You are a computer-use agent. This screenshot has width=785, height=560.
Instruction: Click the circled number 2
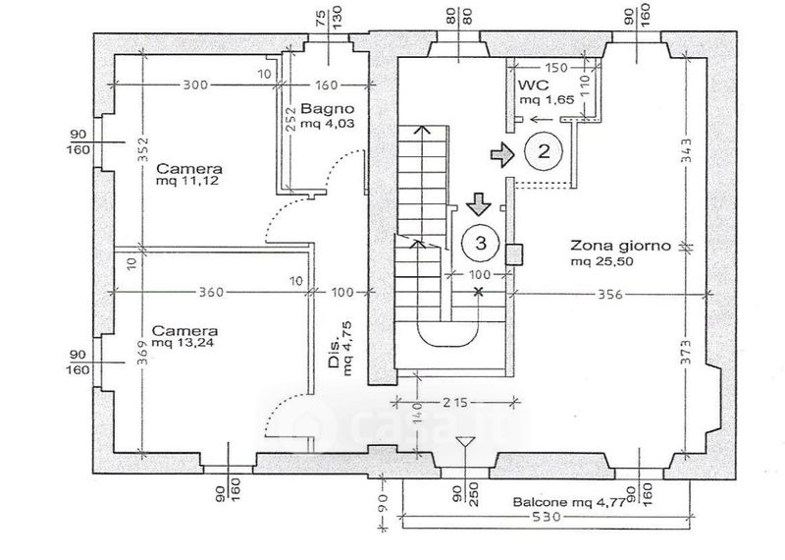click(x=544, y=151)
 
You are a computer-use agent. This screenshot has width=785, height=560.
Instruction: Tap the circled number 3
click(x=481, y=243)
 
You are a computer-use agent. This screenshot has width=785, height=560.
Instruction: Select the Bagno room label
click(x=328, y=109)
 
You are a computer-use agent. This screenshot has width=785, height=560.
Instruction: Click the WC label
click(x=534, y=84)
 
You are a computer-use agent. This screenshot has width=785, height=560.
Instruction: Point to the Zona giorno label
click(x=620, y=246)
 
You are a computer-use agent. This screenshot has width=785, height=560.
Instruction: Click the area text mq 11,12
click(x=187, y=181)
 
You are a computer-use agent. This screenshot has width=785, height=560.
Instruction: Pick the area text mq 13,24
click(x=184, y=343)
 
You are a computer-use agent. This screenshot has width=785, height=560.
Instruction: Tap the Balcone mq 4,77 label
click(x=569, y=502)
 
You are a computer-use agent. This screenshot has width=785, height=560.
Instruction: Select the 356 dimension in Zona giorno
click(x=610, y=294)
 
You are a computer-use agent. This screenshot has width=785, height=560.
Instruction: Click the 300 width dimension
click(x=194, y=84)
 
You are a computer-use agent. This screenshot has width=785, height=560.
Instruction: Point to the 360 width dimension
click(x=211, y=292)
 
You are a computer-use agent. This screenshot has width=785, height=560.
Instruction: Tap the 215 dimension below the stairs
click(x=455, y=402)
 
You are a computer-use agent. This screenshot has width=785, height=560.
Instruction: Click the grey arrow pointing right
click(x=502, y=154)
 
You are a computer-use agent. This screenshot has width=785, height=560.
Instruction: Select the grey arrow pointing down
click(x=479, y=204)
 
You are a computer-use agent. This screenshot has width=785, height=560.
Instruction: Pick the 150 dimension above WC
click(x=555, y=67)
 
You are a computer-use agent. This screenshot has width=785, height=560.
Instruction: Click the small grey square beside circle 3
click(x=513, y=254)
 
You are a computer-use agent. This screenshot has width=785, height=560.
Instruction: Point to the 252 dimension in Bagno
click(x=290, y=119)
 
